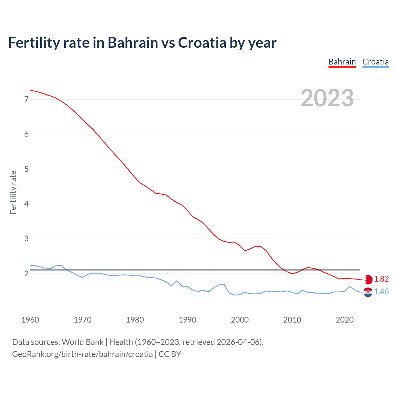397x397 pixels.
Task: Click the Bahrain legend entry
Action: [x=342, y=62]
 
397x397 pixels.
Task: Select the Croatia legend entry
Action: [x=375, y=62]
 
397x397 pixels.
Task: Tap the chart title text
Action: [x=142, y=43]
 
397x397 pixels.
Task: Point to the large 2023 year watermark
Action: [x=327, y=98]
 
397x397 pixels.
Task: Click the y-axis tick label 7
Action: [x=26, y=99]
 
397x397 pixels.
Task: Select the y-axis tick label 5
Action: [x=26, y=169]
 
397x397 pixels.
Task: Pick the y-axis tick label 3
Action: [x=26, y=239]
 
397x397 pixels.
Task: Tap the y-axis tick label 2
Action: [x=26, y=274]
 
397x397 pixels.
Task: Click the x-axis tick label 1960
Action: [x=30, y=320]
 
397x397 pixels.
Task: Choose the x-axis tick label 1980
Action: [x=135, y=320]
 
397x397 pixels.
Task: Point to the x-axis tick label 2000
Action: [x=240, y=320]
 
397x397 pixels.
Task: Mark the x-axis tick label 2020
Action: [x=345, y=320]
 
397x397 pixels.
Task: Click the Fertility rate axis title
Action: [x=13, y=192]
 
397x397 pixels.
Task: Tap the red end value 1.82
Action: [x=381, y=279]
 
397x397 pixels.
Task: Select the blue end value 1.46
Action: [x=381, y=292]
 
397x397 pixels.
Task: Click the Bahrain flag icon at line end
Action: [x=368, y=279]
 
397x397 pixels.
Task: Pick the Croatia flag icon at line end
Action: [x=368, y=292]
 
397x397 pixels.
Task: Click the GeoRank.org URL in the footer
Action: [x=82, y=354]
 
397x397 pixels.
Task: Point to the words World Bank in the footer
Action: [x=83, y=342]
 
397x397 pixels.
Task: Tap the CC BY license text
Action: [x=170, y=354]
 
